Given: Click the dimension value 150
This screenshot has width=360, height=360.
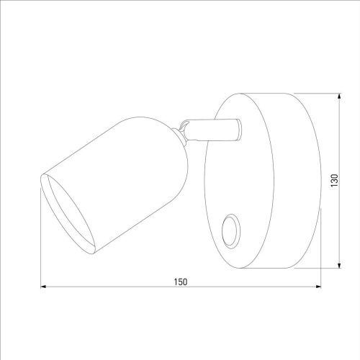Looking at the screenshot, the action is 181,282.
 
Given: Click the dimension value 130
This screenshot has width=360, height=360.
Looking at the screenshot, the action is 334,181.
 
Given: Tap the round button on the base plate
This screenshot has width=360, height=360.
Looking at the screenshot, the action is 230,231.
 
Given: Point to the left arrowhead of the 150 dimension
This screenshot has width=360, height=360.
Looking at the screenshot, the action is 43,287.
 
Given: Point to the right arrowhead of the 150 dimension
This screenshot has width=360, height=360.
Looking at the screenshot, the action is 318,287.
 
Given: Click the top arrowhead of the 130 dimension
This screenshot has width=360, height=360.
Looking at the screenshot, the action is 339,96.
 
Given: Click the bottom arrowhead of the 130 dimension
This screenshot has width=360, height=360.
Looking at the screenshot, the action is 339,265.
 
